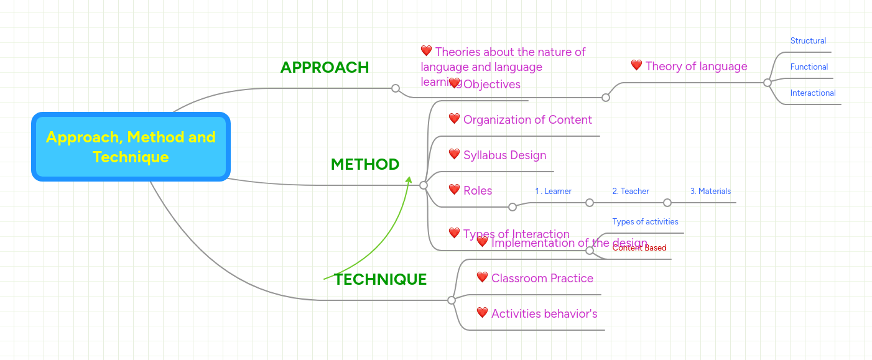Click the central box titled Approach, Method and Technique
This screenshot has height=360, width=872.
tap(131, 147)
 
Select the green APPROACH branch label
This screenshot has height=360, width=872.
tap(325, 67)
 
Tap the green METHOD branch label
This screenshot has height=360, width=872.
tap(365, 164)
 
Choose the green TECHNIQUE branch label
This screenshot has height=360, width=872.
tap(380, 279)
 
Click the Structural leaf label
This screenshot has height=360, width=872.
tap(808, 41)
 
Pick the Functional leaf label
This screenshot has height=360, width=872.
tap(809, 67)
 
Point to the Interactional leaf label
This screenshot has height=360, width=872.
tap(813, 93)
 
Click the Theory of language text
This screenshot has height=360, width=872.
tap(696, 67)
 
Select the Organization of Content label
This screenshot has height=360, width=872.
tap(527, 119)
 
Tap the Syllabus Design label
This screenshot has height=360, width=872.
tap(504, 155)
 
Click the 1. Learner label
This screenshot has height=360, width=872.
tap(553, 192)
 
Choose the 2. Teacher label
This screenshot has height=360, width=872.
tap(630, 192)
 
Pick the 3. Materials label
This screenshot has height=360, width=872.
tap(710, 192)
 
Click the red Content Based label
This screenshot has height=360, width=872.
tap(639, 248)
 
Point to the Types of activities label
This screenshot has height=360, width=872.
tap(645, 222)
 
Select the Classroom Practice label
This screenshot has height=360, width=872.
tap(542, 278)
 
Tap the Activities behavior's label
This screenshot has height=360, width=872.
tap(544, 313)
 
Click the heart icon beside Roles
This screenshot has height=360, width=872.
tap(454, 190)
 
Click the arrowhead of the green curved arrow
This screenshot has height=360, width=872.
tap(409, 180)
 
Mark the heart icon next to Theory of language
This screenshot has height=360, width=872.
tap(636, 65)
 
